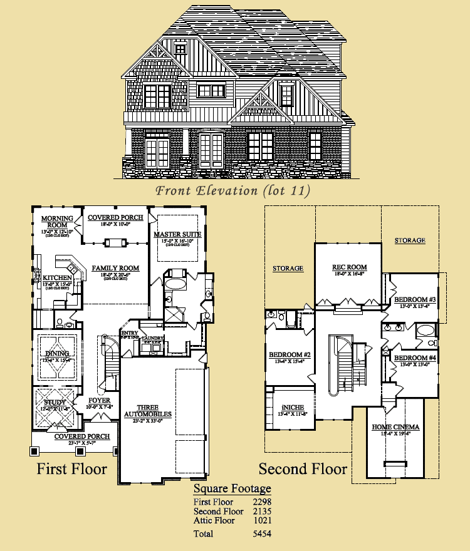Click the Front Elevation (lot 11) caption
(x=232, y=190)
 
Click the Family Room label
(x=115, y=268)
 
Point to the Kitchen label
(x=57, y=277)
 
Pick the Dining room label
(x=57, y=354)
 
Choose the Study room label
(x=55, y=402)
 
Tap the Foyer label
(x=100, y=400)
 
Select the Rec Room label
(x=349, y=267)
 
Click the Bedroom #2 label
(x=290, y=355)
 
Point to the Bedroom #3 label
(x=414, y=299)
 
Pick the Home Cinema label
(x=396, y=427)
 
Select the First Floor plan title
(x=71, y=468)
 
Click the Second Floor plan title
(x=303, y=468)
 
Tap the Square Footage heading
(x=232, y=488)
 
